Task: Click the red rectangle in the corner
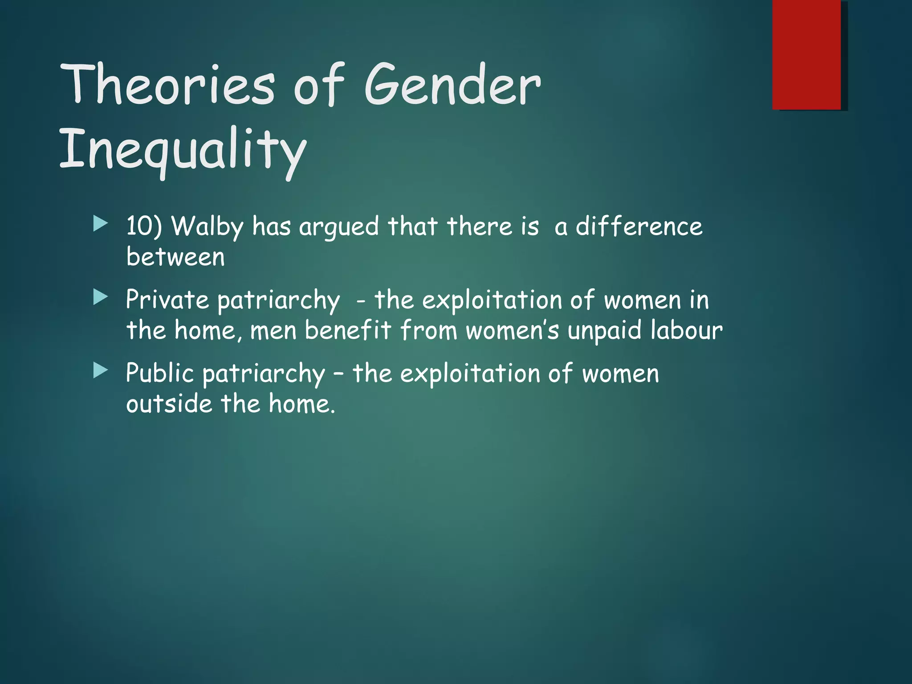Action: coord(806,54)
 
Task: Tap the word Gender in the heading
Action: coord(453,85)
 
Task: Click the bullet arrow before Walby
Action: coord(101,224)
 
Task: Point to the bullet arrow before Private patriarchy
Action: coord(101,297)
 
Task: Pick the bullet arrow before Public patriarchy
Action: coord(101,371)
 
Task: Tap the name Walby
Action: coord(208,227)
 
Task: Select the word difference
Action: coord(639,226)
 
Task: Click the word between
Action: coord(175,257)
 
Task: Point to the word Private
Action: coord(167,299)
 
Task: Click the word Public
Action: coord(160,373)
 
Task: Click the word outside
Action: coord(169,404)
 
